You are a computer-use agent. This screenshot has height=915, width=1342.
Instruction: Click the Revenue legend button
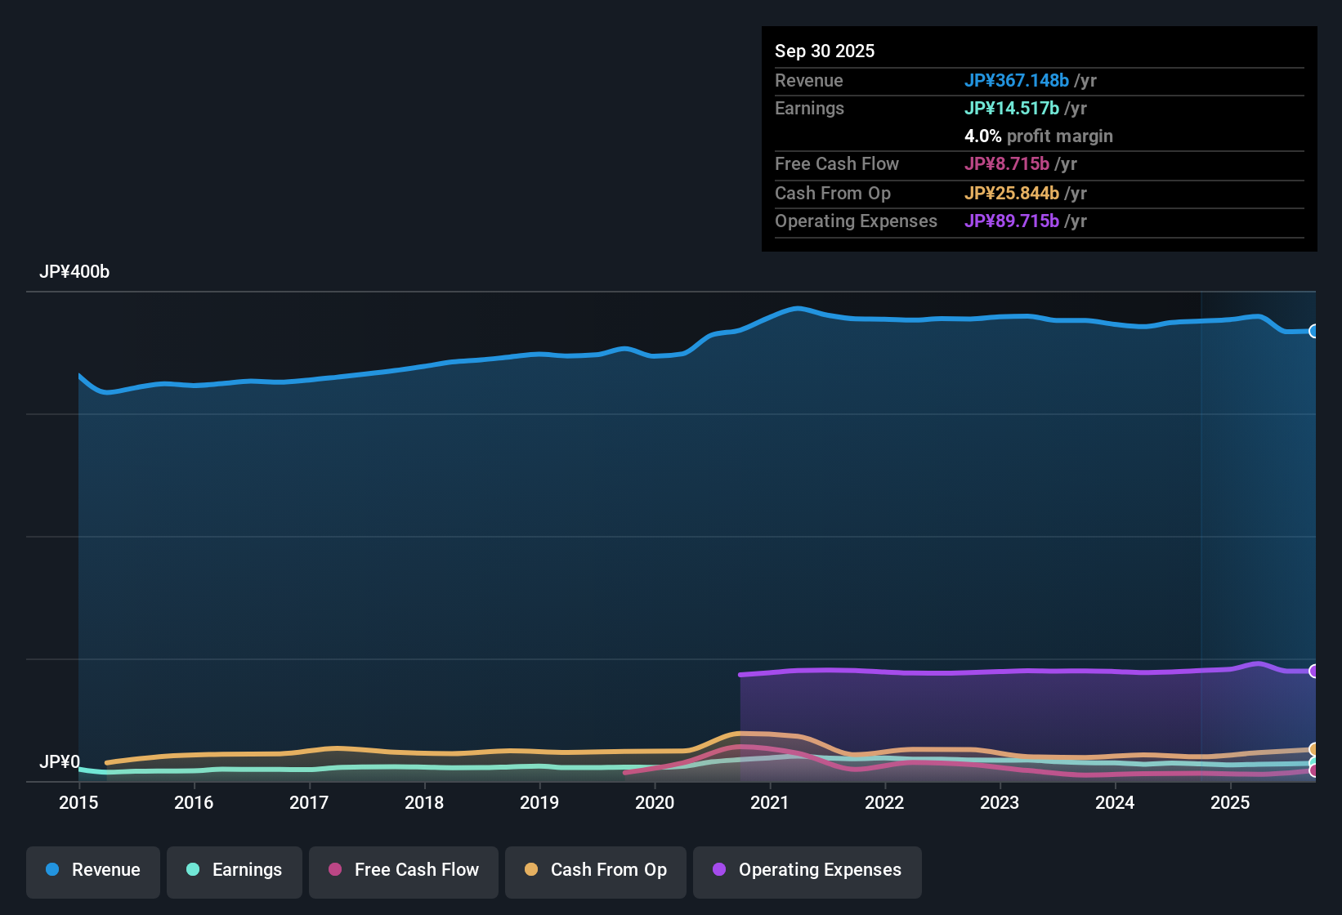coord(93,870)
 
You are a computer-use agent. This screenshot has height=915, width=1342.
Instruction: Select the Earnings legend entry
coord(235,870)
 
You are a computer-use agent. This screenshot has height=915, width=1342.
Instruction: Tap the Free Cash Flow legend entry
coord(404,870)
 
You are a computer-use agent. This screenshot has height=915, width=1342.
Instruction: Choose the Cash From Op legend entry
coord(596,870)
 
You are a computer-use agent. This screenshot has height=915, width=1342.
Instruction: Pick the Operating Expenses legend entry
coord(807,870)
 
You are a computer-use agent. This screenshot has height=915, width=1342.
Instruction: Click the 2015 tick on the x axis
coord(78,802)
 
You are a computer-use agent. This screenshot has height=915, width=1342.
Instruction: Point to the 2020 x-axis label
coord(655,802)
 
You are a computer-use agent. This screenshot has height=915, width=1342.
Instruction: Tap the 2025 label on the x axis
coord(1230,802)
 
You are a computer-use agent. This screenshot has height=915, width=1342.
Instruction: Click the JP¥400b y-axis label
coord(74,272)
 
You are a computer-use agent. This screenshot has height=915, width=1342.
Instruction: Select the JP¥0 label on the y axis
coord(60,762)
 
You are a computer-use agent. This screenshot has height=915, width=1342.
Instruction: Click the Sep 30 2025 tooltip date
coord(825,51)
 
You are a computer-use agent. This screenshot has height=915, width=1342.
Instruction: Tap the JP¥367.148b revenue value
coord(1016,80)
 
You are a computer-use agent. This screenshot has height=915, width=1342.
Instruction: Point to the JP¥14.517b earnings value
coord(1011,108)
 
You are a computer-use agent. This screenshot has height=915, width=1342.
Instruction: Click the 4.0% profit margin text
coord(1038,136)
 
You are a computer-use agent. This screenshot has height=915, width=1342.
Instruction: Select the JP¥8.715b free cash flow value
coord(1006,163)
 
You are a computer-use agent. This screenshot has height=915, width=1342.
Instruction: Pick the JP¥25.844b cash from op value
coord(1011,193)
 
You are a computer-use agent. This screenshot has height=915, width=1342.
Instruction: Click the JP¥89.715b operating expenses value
coord(1011,221)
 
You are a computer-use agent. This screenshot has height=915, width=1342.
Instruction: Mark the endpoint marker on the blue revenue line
coord(1314,331)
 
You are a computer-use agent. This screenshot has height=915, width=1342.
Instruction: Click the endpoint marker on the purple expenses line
coord(1314,671)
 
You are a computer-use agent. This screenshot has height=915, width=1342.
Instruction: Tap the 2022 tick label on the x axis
coord(884,802)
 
